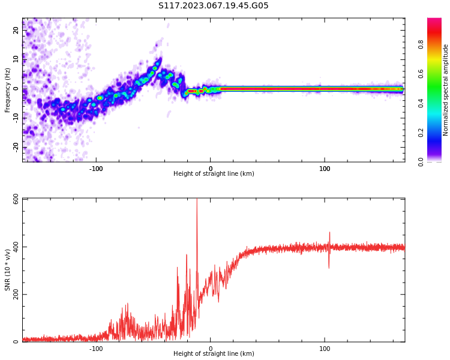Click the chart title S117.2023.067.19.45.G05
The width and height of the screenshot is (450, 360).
click(x=214, y=6)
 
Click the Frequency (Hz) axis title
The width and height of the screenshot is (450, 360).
click(x=8, y=90)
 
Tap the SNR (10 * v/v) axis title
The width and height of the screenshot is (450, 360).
click(x=8, y=270)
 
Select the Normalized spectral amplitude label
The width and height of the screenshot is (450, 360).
click(x=446, y=90)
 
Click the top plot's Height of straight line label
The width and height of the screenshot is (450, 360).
click(x=214, y=174)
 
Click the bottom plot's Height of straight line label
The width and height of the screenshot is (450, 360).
click(x=214, y=354)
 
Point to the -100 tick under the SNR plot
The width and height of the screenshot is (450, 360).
click(x=96, y=348)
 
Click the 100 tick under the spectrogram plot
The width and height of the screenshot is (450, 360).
click(x=325, y=169)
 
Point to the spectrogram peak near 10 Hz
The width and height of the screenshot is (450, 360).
click(x=158, y=61)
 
